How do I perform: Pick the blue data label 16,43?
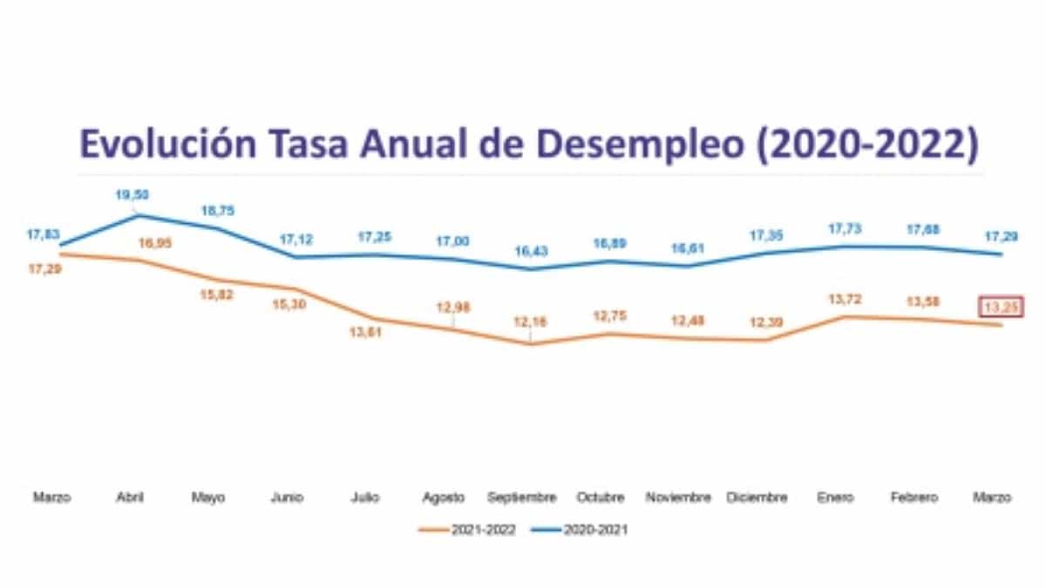(x=529, y=250)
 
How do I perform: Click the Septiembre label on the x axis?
(x=522, y=497)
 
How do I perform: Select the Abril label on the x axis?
(x=130, y=497)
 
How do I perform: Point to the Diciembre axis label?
(x=758, y=497)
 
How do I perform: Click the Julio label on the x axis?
(x=366, y=497)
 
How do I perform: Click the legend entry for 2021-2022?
(x=466, y=529)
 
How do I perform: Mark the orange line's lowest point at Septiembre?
(x=529, y=344)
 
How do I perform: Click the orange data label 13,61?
(x=372, y=335)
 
